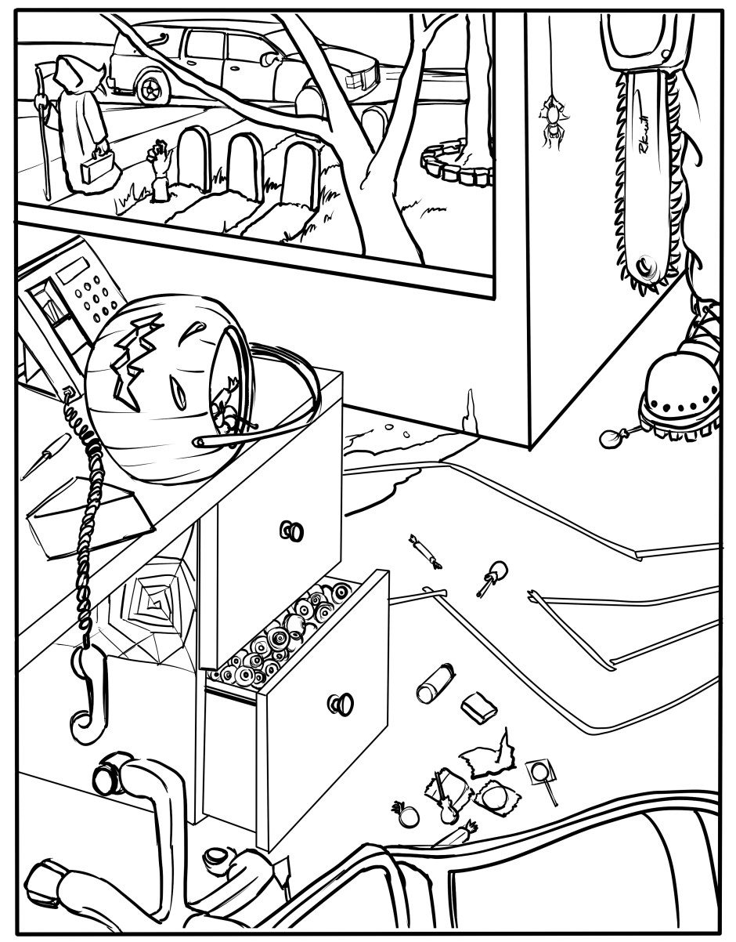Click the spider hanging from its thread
point(552,119)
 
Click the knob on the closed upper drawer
point(291,531)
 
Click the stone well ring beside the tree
point(454,165)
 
